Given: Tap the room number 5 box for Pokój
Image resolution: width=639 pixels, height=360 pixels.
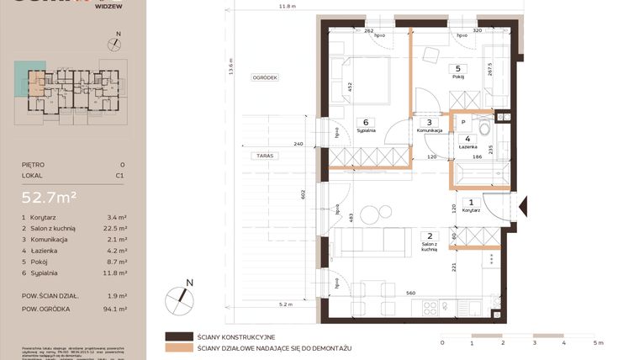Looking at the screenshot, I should tap(457, 69).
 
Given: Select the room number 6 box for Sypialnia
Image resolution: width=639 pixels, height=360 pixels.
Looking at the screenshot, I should tap(367, 122).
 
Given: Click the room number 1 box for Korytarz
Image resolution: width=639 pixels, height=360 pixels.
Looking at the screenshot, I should tap(471, 202).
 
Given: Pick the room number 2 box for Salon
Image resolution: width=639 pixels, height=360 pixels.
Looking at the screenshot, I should tap(429, 236).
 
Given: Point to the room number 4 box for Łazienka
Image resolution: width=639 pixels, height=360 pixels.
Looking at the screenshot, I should tap(467, 139).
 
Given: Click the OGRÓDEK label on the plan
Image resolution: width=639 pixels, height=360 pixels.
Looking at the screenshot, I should tap(264, 77).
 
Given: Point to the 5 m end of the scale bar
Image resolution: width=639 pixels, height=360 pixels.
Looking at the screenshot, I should tap(597, 344).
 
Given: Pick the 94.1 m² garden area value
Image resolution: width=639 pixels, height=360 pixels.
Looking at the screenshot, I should tap(116, 309).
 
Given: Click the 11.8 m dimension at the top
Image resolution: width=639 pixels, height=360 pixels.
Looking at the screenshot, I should tap(288, 6).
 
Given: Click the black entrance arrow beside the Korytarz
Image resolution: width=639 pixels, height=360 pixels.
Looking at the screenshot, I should tap(522, 204).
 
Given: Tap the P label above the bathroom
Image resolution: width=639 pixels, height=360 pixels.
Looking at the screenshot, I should tap(463, 121).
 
